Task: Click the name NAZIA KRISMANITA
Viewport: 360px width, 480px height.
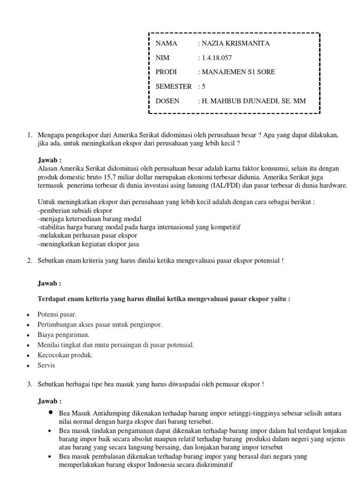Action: [x=236, y=44]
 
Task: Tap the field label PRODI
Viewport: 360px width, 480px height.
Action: [x=166, y=72]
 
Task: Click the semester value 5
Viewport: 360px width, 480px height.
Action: [x=204, y=86]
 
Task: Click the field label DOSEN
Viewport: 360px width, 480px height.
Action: [x=167, y=101]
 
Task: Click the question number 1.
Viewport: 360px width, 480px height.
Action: [x=29, y=135]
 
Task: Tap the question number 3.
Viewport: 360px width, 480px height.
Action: [x=29, y=384]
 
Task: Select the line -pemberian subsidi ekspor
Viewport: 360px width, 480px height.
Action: [x=71, y=210]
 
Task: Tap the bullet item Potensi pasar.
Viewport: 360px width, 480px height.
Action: [x=57, y=314]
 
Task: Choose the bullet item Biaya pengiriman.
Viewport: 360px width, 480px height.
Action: [x=63, y=335]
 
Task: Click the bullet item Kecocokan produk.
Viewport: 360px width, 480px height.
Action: [x=65, y=355]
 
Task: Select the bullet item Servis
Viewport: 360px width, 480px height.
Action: [x=46, y=365]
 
